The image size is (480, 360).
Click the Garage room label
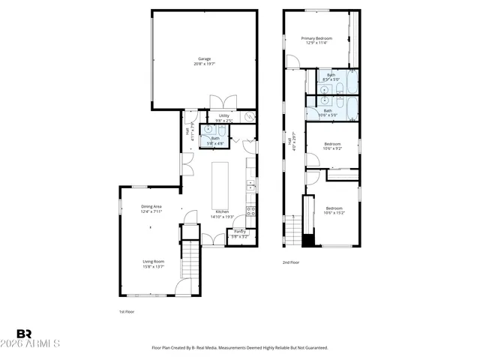(204, 58)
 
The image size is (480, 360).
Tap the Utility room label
(223, 115)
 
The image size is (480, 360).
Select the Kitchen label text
(222, 212)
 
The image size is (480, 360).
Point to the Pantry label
(239, 231)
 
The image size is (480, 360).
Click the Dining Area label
(151, 207)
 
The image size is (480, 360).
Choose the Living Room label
(153, 262)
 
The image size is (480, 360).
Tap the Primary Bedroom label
(316, 38)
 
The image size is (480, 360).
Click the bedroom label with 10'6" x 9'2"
(332, 144)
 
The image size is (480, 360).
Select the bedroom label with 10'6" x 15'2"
(334, 208)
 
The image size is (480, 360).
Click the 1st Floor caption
(126, 311)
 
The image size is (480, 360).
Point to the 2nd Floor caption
(290, 262)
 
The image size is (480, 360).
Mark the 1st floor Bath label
(215, 138)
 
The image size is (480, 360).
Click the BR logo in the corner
(24, 334)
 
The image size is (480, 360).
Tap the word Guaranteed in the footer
(314, 348)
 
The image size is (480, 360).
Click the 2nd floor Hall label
(289, 140)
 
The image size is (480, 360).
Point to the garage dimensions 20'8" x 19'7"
(204, 64)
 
